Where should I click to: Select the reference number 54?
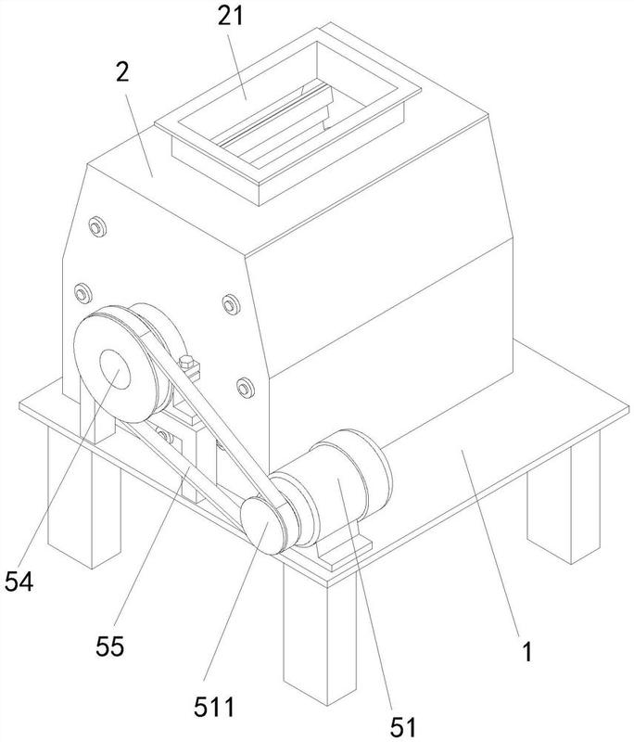(x=19, y=582)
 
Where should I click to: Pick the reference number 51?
(x=402, y=724)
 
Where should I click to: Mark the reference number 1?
(x=526, y=651)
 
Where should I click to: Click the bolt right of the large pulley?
(x=230, y=302)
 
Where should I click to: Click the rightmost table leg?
(x=557, y=501)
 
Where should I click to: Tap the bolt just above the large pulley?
(x=79, y=289)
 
